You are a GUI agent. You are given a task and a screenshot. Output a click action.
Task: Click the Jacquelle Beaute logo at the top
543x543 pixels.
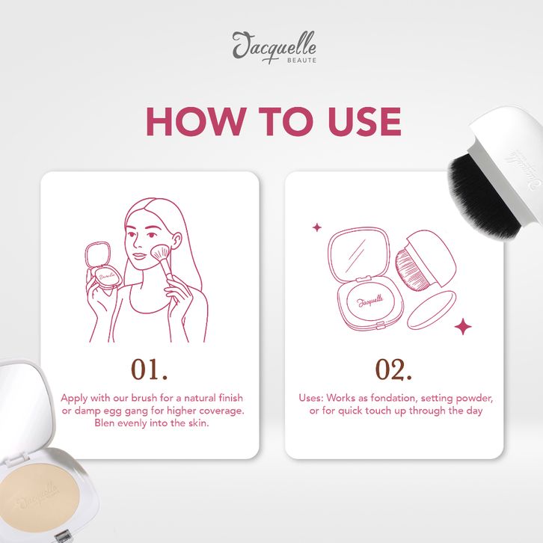[x=274, y=47]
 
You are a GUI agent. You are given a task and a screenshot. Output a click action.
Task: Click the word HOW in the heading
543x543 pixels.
[x=194, y=121]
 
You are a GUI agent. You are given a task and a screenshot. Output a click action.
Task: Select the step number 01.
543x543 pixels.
[x=149, y=369]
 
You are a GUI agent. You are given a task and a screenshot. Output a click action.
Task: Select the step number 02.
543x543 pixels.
[x=393, y=369]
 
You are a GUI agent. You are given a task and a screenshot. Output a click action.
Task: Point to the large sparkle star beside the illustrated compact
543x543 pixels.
[x=463, y=327]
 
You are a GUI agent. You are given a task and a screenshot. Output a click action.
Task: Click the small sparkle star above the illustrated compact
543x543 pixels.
[x=317, y=227]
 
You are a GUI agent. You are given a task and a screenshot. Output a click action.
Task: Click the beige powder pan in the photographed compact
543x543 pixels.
[x=39, y=499]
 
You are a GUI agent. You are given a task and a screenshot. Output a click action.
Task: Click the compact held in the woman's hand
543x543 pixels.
[x=103, y=266]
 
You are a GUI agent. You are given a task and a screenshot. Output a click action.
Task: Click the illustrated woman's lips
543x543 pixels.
[x=139, y=257]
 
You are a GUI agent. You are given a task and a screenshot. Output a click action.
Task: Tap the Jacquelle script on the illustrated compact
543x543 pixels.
[x=369, y=301]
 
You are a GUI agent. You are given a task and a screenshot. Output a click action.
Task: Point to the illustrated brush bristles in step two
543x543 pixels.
[x=412, y=270]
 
